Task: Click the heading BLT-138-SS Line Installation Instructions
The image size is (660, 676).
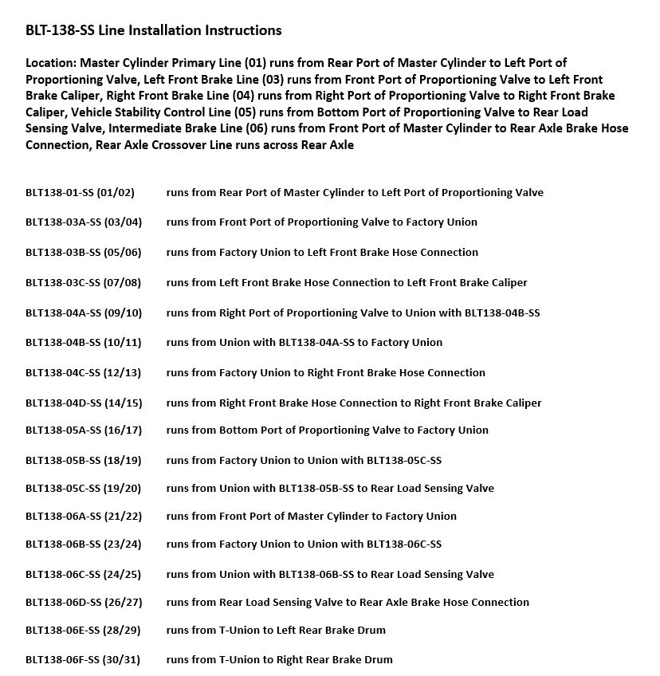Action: click(153, 30)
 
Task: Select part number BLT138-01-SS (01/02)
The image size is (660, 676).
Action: click(80, 192)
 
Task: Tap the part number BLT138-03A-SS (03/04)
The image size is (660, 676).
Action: click(83, 222)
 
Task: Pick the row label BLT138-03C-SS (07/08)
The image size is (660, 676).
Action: click(83, 282)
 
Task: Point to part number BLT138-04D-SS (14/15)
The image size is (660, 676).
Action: click(84, 403)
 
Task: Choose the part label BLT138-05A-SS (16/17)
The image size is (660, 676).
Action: click(84, 430)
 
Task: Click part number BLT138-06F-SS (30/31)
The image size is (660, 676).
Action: click(82, 659)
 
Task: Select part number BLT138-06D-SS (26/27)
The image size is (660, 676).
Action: click(84, 602)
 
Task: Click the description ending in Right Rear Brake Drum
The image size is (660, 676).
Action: click(279, 659)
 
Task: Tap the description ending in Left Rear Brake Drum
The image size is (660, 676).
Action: click(276, 630)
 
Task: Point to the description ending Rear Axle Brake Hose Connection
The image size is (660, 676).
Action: click(348, 602)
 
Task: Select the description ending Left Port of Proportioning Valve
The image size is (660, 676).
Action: click(355, 192)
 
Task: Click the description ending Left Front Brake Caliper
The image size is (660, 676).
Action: click(347, 282)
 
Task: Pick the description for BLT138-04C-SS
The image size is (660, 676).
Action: click(325, 372)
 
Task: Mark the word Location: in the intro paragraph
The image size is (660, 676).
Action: click(51, 62)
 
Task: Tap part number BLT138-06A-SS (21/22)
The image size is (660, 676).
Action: click(84, 516)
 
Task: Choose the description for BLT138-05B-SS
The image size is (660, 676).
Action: click(304, 460)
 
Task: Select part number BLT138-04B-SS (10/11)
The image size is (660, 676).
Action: click(83, 342)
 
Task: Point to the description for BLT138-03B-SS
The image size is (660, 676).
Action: click(322, 252)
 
